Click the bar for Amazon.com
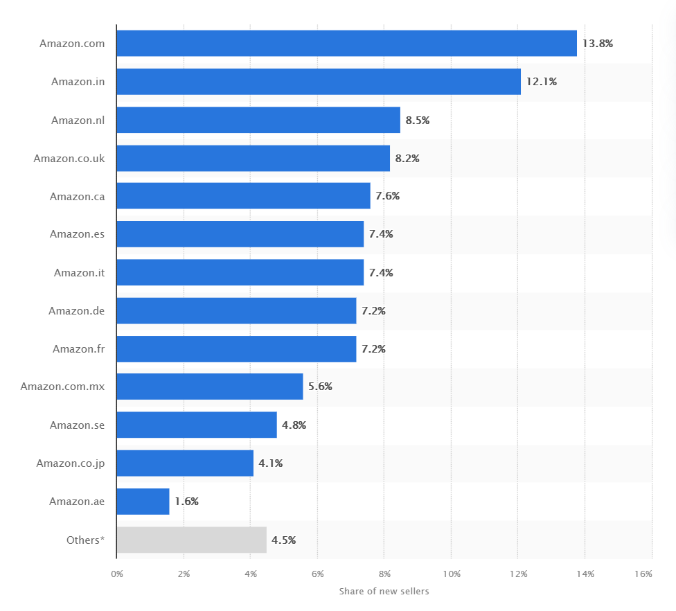(346, 43)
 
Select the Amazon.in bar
(319, 81)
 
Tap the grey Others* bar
(191, 540)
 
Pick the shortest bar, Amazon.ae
(143, 502)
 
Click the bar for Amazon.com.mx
(209, 387)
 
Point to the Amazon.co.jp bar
(185, 463)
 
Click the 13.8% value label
(597, 43)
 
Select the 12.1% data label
(541, 81)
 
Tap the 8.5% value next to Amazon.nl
(417, 120)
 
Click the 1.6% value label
(186, 502)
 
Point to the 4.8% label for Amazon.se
(294, 425)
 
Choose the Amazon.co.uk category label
(69, 158)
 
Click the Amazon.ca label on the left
(77, 196)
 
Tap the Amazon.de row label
(76, 310)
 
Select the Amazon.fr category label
(78, 348)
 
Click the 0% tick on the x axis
(116, 574)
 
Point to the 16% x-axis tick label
(643, 574)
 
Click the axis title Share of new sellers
(384, 591)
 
